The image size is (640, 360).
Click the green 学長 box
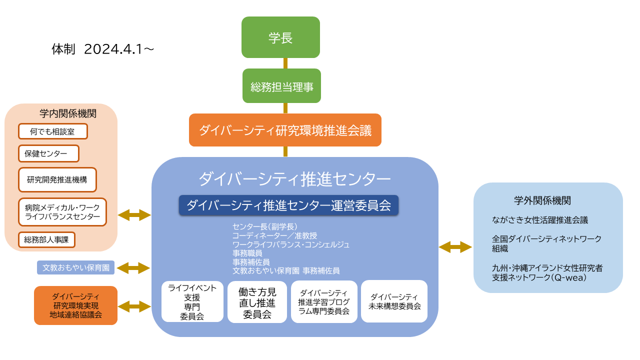(280, 37)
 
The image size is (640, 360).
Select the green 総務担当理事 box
(281, 85)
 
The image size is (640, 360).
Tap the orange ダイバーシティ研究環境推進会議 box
(285, 130)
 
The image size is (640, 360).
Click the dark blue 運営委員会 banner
(288, 205)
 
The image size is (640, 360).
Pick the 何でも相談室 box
(53, 131)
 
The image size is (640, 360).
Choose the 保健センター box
(48, 153)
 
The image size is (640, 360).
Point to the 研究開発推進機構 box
(57, 179)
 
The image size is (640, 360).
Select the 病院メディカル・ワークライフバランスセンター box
(62, 212)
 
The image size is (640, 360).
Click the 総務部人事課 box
(46, 239)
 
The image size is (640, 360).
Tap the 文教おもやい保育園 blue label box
(75, 267)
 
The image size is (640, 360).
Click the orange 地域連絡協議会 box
(75, 305)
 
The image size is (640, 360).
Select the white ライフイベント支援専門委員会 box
(192, 301)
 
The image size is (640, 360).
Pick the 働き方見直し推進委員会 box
(257, 302)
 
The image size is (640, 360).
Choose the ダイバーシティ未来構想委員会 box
(394, 301)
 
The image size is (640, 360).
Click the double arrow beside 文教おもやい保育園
(133, 268)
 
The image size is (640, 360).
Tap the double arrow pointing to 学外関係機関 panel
(455, 247)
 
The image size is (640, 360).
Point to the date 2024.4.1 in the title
(113, 49)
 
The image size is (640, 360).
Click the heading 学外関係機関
(542, 200)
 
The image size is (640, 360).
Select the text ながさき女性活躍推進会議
(540, 220)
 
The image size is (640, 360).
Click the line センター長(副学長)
(265, 226)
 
